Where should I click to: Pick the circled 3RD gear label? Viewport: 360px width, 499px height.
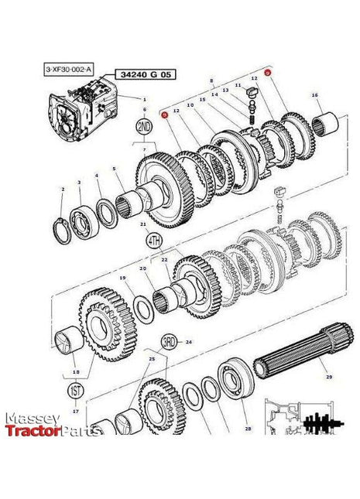[169, 341]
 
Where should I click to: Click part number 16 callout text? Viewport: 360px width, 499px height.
[314, 95]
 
